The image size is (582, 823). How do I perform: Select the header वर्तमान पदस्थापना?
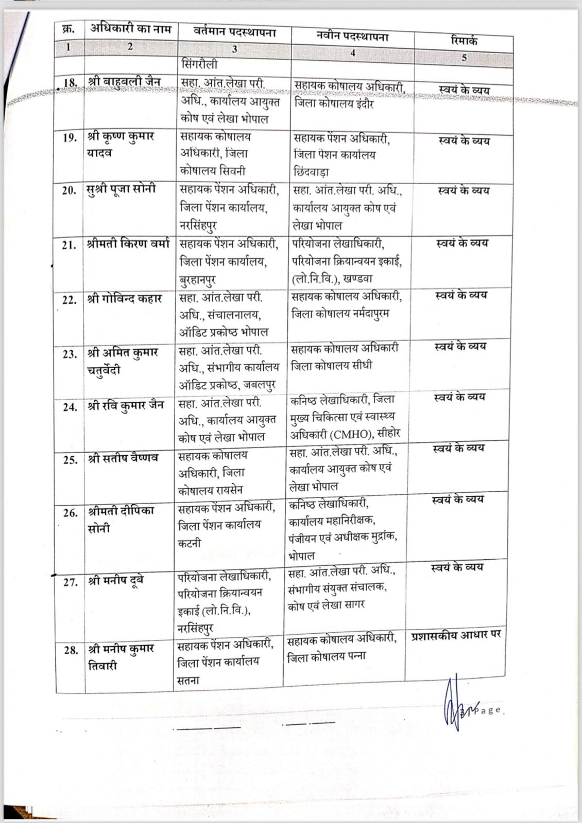coord(234,32)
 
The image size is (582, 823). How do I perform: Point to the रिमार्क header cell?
coord(464,40)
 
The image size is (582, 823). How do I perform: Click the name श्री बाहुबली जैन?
coord(125,82)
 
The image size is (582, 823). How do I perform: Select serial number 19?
coord(70,138)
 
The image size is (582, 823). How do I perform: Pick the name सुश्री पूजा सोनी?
coord(121,190)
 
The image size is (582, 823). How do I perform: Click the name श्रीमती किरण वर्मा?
coord(128,245)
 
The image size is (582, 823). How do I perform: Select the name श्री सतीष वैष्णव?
coord(123,458)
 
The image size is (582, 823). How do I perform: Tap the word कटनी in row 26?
coord(189,542)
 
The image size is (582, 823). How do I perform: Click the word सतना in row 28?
coord(188,679)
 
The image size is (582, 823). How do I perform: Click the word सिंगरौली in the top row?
coord(199,65)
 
